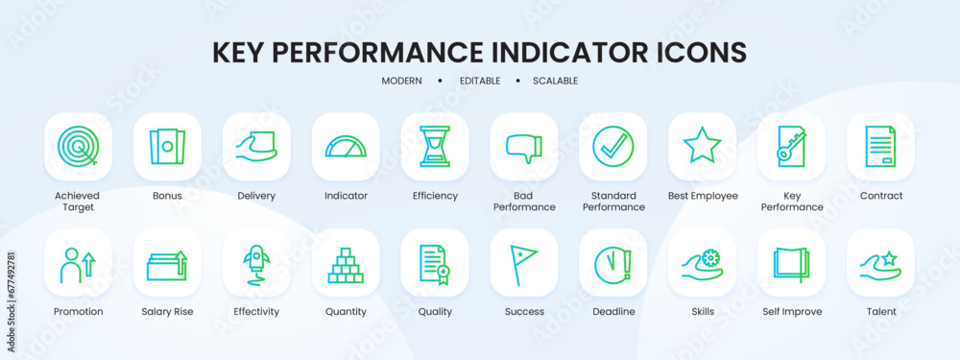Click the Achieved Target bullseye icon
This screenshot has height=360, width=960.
(x=78, y=146)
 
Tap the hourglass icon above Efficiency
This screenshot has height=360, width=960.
(x=435, y=146)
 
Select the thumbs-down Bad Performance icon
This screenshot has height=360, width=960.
(x=524, y=146)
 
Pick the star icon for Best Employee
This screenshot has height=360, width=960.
(x=702, y=146)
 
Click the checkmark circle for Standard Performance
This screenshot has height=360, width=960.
(x=612, y=146)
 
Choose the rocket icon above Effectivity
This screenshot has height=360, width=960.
(x=256, y=263)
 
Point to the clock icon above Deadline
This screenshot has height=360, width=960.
(x=612, y=263)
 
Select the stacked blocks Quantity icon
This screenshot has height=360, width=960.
(x=346, y=263)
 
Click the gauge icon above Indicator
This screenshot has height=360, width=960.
(x=346, y=146)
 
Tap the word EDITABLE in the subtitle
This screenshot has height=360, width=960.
(x=479, y=81)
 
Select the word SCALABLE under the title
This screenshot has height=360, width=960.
(x=555, y=81)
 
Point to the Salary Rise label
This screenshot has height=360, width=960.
(x=167, y=312)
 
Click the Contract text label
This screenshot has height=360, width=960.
(x=880, y=196)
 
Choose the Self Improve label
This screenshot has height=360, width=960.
(x=791, y=312)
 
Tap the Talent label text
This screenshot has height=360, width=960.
(x=880, y=312)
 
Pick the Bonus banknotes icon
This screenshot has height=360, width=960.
(x=167, y=146)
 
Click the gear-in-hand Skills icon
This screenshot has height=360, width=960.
(x=702, y=263)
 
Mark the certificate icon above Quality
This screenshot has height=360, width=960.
(x=435, y=263)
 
